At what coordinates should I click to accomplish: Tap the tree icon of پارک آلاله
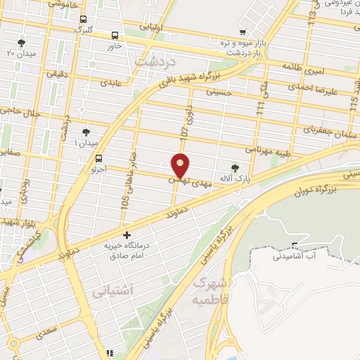tap(235, 167)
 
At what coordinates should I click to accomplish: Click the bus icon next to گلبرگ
tap(84, 19)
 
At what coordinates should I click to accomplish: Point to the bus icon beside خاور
tap(115, 34)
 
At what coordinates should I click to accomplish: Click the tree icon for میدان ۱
tap(86, 132)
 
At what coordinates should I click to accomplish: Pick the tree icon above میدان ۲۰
tap(21, 42)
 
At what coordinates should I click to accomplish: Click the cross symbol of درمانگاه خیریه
tap(127, 235)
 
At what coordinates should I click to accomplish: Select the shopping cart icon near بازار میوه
tap(243, 32)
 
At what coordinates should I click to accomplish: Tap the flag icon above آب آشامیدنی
tap(295, 246)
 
